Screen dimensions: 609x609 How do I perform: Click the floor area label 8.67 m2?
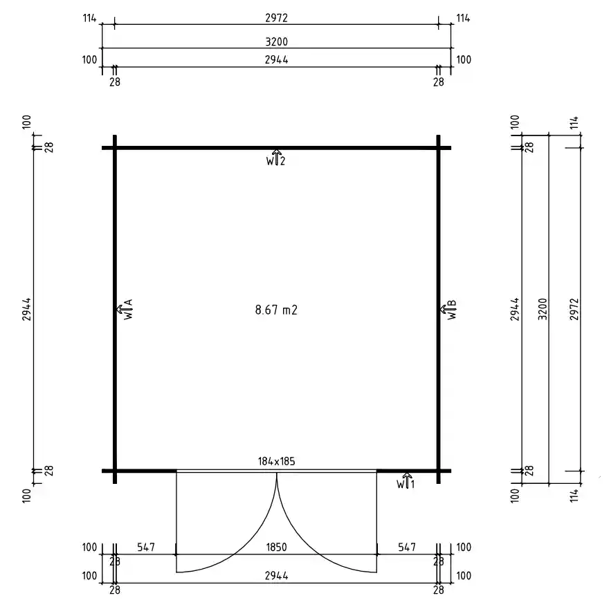coord(276,310)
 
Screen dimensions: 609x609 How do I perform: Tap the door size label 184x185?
coord(277,461)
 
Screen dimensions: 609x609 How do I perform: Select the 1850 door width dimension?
coord(277,547)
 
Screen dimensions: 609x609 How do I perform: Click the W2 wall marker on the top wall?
coord(276,159)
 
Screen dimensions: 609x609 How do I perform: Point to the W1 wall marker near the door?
coord(406,481)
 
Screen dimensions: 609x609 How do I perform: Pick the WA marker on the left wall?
coord(127,310)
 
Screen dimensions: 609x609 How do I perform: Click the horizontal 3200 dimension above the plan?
coord(277,41)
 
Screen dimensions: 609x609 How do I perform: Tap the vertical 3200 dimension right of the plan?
coord(543,309)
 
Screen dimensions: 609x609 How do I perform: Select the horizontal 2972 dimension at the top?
coord(277,18)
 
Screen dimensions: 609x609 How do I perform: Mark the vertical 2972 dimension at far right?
coord(574,309)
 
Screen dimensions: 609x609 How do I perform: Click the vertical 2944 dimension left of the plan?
coord(28,309)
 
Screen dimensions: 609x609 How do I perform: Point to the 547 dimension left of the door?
coord(145,547)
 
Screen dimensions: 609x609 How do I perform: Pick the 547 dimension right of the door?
coord(407,547)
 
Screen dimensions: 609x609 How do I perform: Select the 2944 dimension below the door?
coord(277,576)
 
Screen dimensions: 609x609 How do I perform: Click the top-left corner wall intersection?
coord(115,148)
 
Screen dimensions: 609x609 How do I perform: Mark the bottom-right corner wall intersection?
coord(439,471)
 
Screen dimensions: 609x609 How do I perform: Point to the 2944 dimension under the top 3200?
coord(277,60)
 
